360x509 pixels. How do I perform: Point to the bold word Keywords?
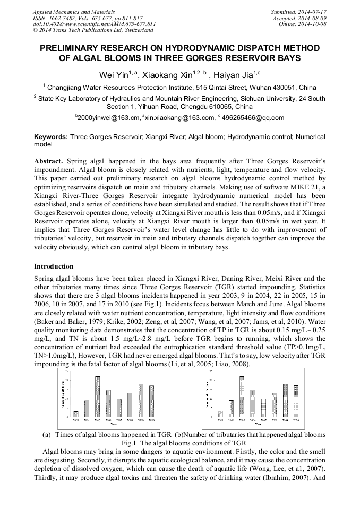pos(51,137)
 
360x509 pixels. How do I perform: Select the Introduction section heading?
pos(54,266)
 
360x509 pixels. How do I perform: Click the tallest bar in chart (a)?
pos(98,396)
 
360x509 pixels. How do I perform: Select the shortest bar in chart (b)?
pos(220,414)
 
